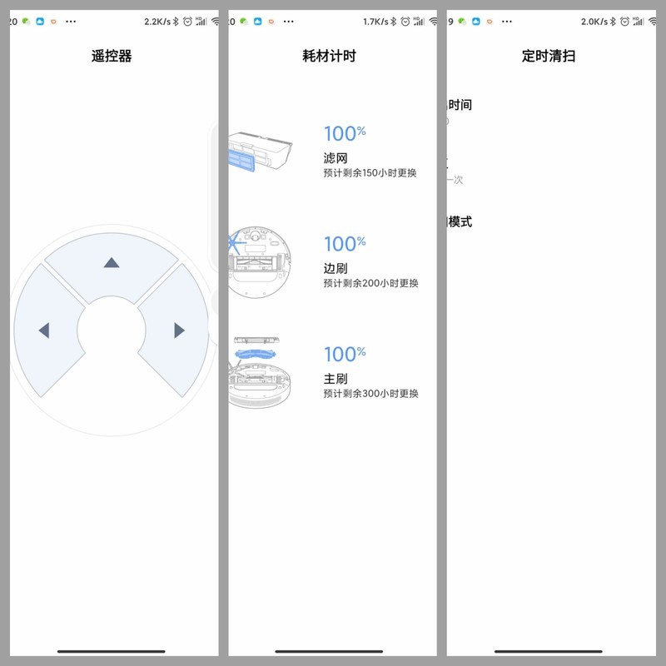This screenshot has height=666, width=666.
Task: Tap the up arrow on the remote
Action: coord(111,263)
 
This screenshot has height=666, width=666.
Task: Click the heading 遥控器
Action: coord(112,57)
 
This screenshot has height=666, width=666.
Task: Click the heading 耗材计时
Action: coord(329,57)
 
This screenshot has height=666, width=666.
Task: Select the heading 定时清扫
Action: coord(549,57)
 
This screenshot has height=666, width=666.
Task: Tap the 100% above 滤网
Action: coord(344,133)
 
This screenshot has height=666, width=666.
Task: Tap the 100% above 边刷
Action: coord(344,244)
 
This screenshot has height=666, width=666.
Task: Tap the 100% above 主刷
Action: coord(344,355)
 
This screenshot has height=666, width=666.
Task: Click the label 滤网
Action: coord(335,158)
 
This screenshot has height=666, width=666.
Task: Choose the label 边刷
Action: coord(335,269)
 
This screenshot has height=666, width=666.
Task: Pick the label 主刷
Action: coord(335,380)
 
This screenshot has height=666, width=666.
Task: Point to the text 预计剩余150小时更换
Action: coord(370,173)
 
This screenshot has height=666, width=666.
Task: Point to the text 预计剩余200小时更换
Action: coord(370,283)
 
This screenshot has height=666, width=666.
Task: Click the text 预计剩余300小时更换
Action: coord(370,394)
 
